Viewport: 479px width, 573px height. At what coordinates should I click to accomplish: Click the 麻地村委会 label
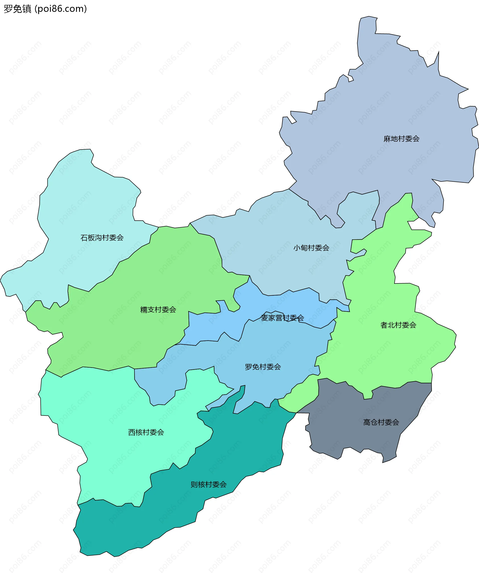tap(401, 139)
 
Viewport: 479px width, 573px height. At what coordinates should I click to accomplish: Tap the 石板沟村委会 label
tap(102, 238)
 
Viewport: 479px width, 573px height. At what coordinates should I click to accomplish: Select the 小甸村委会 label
tap(311, 248)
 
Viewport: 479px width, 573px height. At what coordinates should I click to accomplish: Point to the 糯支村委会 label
tap(158, 310)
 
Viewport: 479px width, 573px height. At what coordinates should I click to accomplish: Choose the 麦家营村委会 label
tap(282, 318)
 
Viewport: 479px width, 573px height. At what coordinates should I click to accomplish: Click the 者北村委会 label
tap(398, 325)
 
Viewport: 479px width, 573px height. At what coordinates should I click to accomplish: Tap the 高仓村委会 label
tap(381, 422)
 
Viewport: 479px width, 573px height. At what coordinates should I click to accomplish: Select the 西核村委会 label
tap(146, 432)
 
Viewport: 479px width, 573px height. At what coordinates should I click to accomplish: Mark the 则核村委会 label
tap(209, 485)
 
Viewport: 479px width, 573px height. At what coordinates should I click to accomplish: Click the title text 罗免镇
tap(18, 9)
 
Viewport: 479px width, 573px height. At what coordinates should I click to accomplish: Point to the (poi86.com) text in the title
tap(61, 9)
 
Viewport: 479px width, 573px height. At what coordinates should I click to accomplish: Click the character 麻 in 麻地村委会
tap(387, 139)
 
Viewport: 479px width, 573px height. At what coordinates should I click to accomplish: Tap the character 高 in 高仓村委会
tap(367, 422)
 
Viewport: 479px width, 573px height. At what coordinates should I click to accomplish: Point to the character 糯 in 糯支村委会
tap(144, 310)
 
